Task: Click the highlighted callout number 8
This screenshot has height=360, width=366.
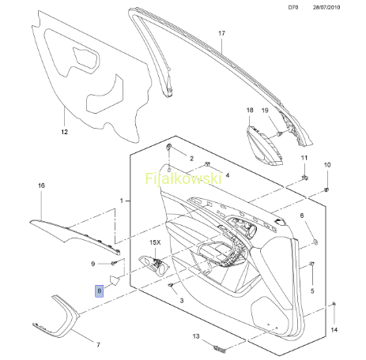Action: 100,291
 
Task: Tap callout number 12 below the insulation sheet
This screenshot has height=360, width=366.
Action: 65,132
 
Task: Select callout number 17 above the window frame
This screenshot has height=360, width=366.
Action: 222,33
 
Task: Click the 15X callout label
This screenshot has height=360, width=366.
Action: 155,242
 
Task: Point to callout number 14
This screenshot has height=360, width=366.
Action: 334,330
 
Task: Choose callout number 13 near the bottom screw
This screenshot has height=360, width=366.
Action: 196,336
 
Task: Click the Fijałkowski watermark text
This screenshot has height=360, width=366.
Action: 183,178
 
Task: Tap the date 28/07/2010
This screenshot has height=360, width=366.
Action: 326,7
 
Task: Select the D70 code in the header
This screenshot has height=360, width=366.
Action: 293,7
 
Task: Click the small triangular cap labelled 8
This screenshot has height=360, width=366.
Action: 115,280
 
